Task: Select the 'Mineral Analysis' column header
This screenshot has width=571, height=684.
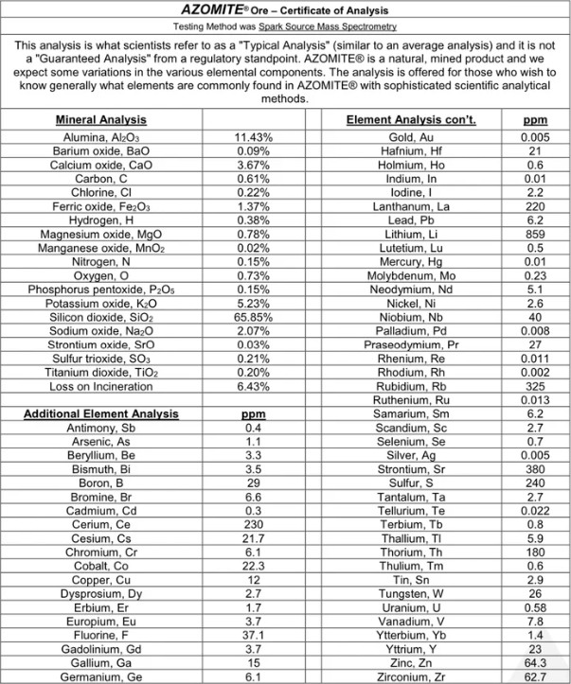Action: pyautogui.click(x=100, y=121)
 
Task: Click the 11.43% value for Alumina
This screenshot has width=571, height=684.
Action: pyautogui.click(x=253, y=137)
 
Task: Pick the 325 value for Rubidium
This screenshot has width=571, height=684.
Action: pyautogui.click(x=534, y=386)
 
